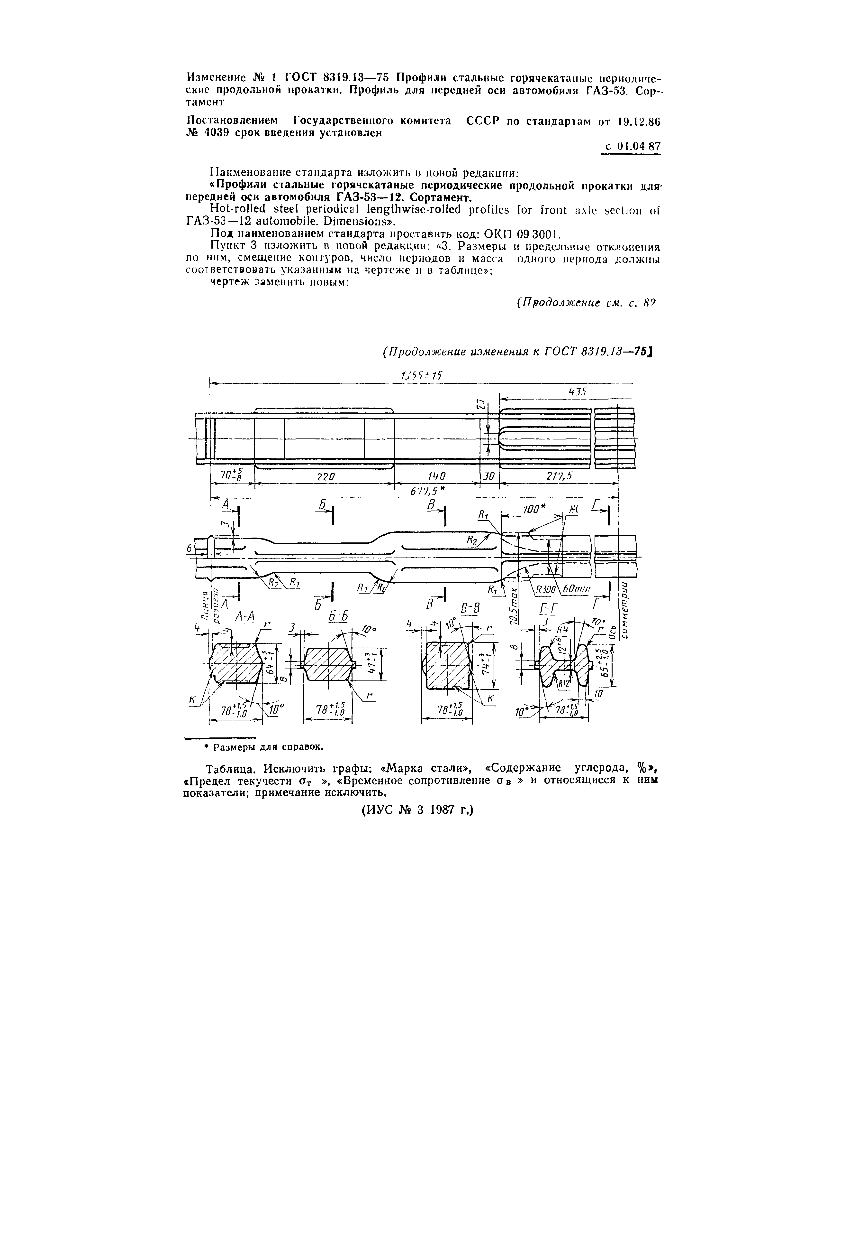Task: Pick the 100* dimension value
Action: (532, 509)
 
